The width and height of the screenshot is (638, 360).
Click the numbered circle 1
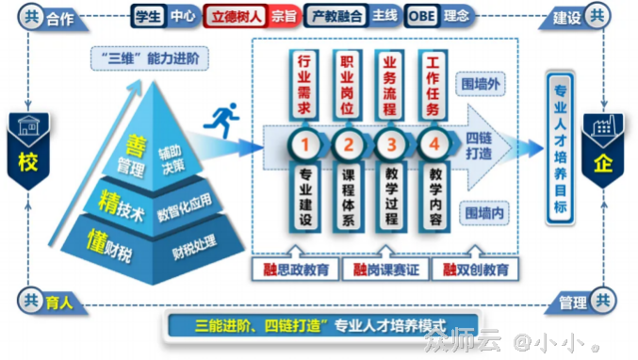click(305, 146)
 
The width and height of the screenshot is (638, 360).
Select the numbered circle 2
click(348, 146)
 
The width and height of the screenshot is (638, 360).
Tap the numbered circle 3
click(390, 146)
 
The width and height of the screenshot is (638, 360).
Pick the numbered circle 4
click(433, 146)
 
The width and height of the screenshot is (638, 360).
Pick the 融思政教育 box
click(297, 270)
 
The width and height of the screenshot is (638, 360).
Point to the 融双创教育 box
click(476, 270)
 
